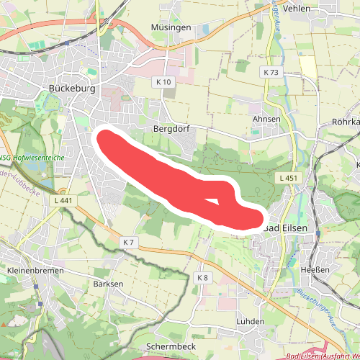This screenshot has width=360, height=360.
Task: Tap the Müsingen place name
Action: (x=171, y=27)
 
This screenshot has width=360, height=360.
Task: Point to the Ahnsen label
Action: (x=266, y=119)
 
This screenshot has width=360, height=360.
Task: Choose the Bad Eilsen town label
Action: (x=286, y=228)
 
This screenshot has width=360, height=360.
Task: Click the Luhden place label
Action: (x=250, y=320)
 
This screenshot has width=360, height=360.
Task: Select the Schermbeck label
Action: (x=171, y=346)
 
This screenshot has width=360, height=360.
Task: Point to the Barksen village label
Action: (x=108, y=284)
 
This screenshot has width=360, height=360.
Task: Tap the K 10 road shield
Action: (x=163, y=82)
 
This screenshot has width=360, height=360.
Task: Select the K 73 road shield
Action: (x=271, y=73)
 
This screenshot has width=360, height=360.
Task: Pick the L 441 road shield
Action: (x=63, y=200)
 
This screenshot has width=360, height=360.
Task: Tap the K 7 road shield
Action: (x=129, y=242)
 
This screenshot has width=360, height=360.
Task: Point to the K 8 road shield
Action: (x=202, y=277)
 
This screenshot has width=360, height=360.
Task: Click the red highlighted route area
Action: (x=166, y=176)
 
